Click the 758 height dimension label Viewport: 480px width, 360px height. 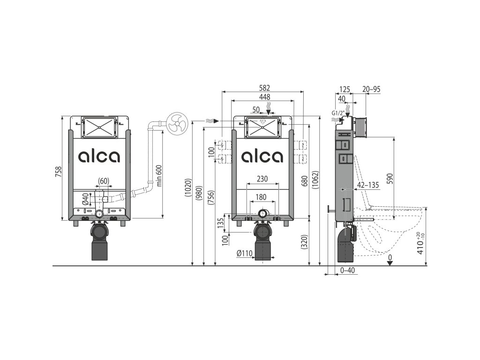pos(59,172)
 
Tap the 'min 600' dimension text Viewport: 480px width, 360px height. pos(159,175)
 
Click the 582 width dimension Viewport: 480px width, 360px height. pos(265,88)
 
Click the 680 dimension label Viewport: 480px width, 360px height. pos(305,181)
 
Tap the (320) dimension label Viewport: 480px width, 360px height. pos(305,242)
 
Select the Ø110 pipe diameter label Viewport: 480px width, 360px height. pos(244,253)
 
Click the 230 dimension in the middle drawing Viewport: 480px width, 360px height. pos(262,179)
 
